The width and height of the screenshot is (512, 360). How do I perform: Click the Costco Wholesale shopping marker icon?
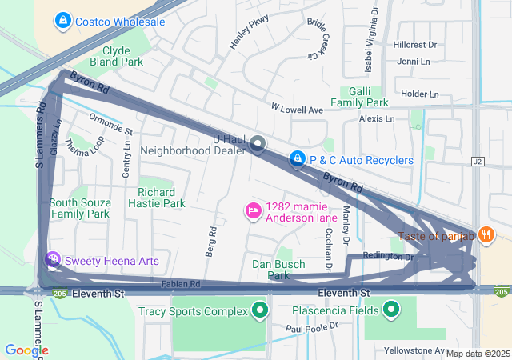coord(62,19)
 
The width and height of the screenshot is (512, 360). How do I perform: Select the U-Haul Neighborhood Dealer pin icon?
coord(258,144)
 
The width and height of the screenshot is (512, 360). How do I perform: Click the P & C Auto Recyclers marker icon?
coord(297,160)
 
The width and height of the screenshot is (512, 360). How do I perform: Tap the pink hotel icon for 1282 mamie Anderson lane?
coord(253,211)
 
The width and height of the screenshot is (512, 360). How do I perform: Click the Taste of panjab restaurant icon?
coord(486,234)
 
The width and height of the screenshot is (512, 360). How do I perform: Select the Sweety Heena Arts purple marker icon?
coord(52,260)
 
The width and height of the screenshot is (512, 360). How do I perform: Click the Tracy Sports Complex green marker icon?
coord(259,310)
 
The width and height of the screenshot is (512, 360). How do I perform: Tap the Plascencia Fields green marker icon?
coord(391,309)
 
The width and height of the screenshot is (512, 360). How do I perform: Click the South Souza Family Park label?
coord(79,208)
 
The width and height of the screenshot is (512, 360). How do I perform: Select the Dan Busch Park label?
coord(279,270)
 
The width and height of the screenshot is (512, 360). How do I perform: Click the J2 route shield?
coord(478,161)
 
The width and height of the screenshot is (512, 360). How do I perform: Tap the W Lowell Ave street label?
coord(296,108)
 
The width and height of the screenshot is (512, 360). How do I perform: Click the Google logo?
coord(26,350)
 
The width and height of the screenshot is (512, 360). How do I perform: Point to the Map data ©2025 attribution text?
coord(478,354)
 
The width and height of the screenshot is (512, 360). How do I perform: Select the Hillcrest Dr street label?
coord(415,46)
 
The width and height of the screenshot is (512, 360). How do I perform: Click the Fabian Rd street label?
coord(179,283)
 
